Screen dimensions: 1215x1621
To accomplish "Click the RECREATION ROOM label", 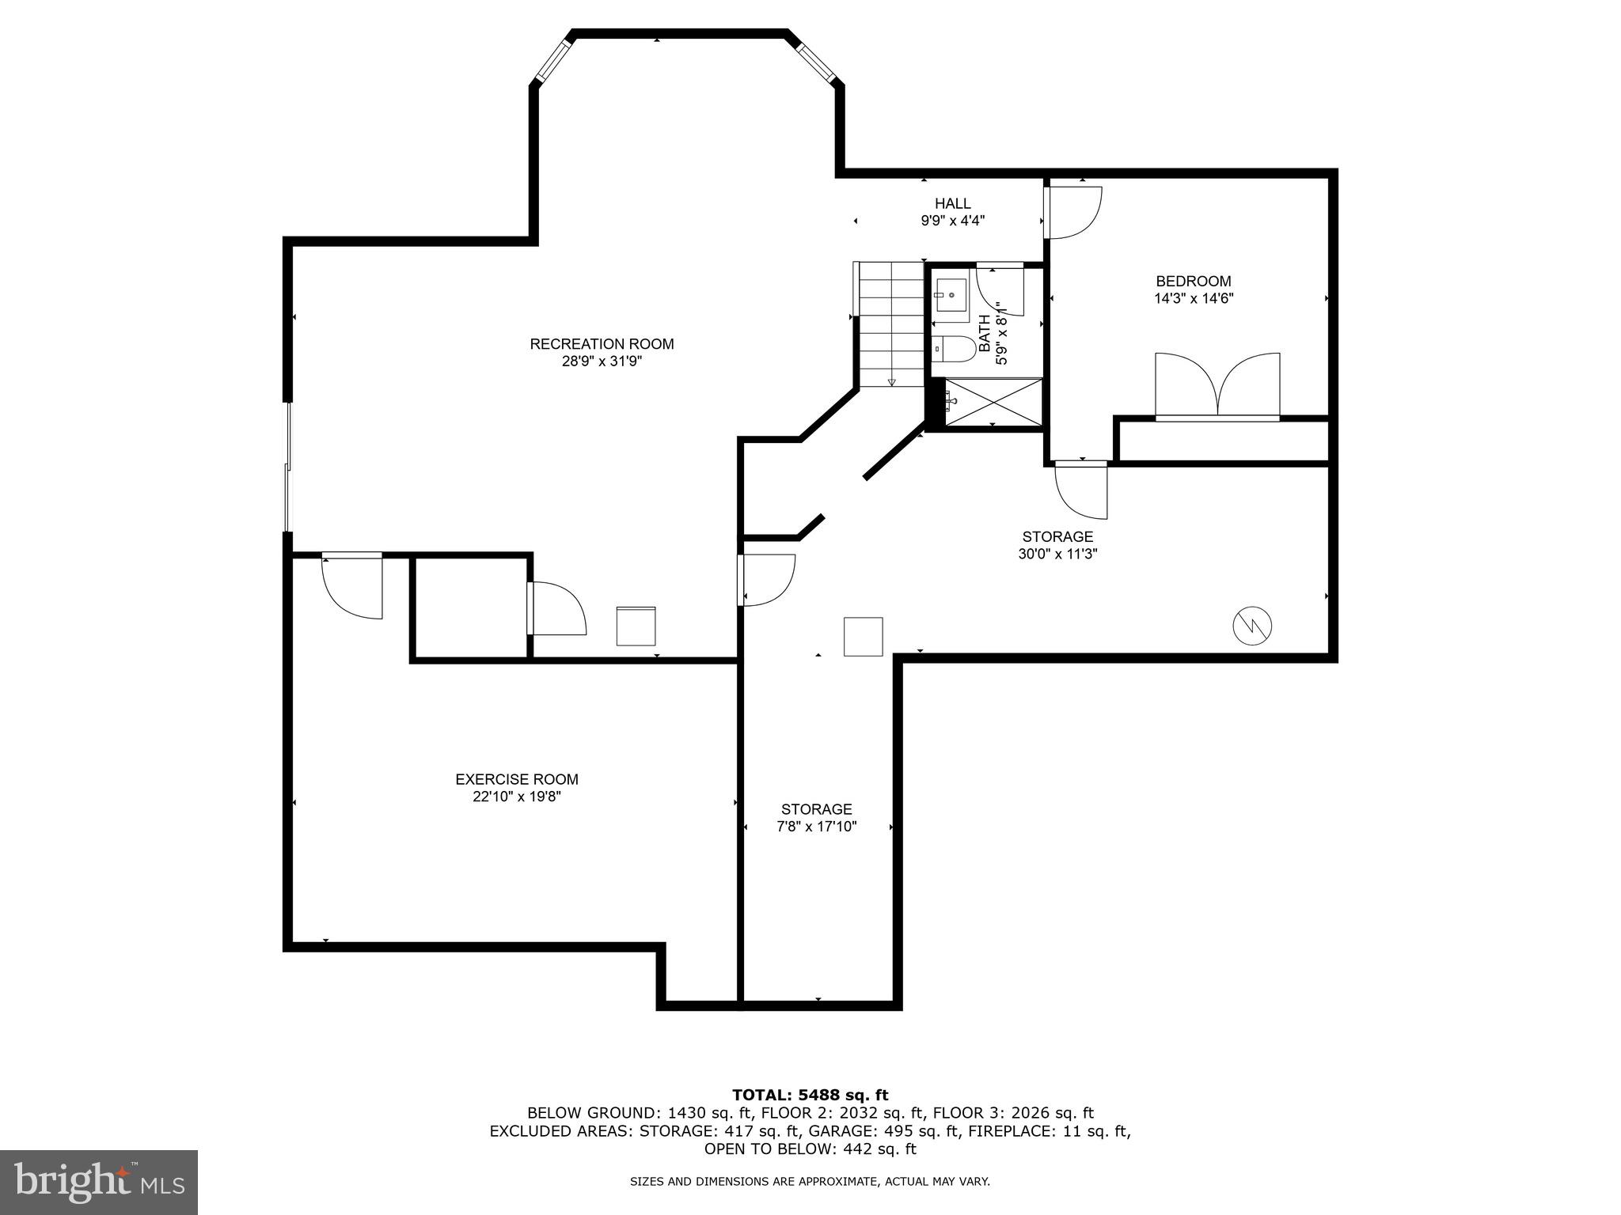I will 602,344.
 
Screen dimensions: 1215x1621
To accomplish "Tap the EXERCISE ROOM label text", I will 517,779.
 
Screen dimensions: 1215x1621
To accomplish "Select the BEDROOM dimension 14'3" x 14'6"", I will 1194,299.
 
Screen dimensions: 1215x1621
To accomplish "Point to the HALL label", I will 952,204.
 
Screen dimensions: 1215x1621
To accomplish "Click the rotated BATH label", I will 985,333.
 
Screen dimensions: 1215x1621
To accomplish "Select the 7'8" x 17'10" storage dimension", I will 817,827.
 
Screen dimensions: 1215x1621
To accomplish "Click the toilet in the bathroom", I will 952,349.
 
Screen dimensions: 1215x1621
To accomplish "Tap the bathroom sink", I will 950,296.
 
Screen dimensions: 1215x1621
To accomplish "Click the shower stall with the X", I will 993,403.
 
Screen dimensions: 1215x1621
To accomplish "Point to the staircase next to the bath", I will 891,324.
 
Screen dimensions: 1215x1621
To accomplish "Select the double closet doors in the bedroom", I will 1217,385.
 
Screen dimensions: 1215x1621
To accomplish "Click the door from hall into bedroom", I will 1073,211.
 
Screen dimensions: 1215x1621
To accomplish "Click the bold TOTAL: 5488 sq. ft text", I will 810,1095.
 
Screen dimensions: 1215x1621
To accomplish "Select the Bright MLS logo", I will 99,1182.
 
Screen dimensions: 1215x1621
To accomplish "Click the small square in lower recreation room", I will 636,626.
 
